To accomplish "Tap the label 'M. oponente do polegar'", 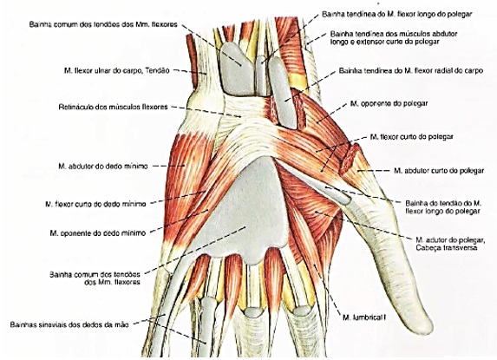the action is tap(389, 103).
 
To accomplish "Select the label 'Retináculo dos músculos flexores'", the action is tap(113, 107).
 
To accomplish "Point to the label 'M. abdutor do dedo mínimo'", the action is tap(103, 166).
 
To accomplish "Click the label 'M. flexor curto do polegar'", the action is tap(412, 136).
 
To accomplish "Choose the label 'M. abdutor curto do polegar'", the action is tap(439, 171).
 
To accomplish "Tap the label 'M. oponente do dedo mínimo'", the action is tap(98, 233).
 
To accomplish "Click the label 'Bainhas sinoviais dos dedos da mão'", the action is tap(69, 324).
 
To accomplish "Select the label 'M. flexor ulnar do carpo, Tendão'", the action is tap(117, 70).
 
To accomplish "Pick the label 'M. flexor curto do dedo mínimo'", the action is tap(95, 204).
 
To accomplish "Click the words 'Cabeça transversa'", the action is tap(447, 247).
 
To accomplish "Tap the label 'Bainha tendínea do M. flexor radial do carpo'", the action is tap(411, 70).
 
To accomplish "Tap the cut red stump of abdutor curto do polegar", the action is tap(349, 159).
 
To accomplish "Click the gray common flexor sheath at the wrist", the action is tap(237, 69).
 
